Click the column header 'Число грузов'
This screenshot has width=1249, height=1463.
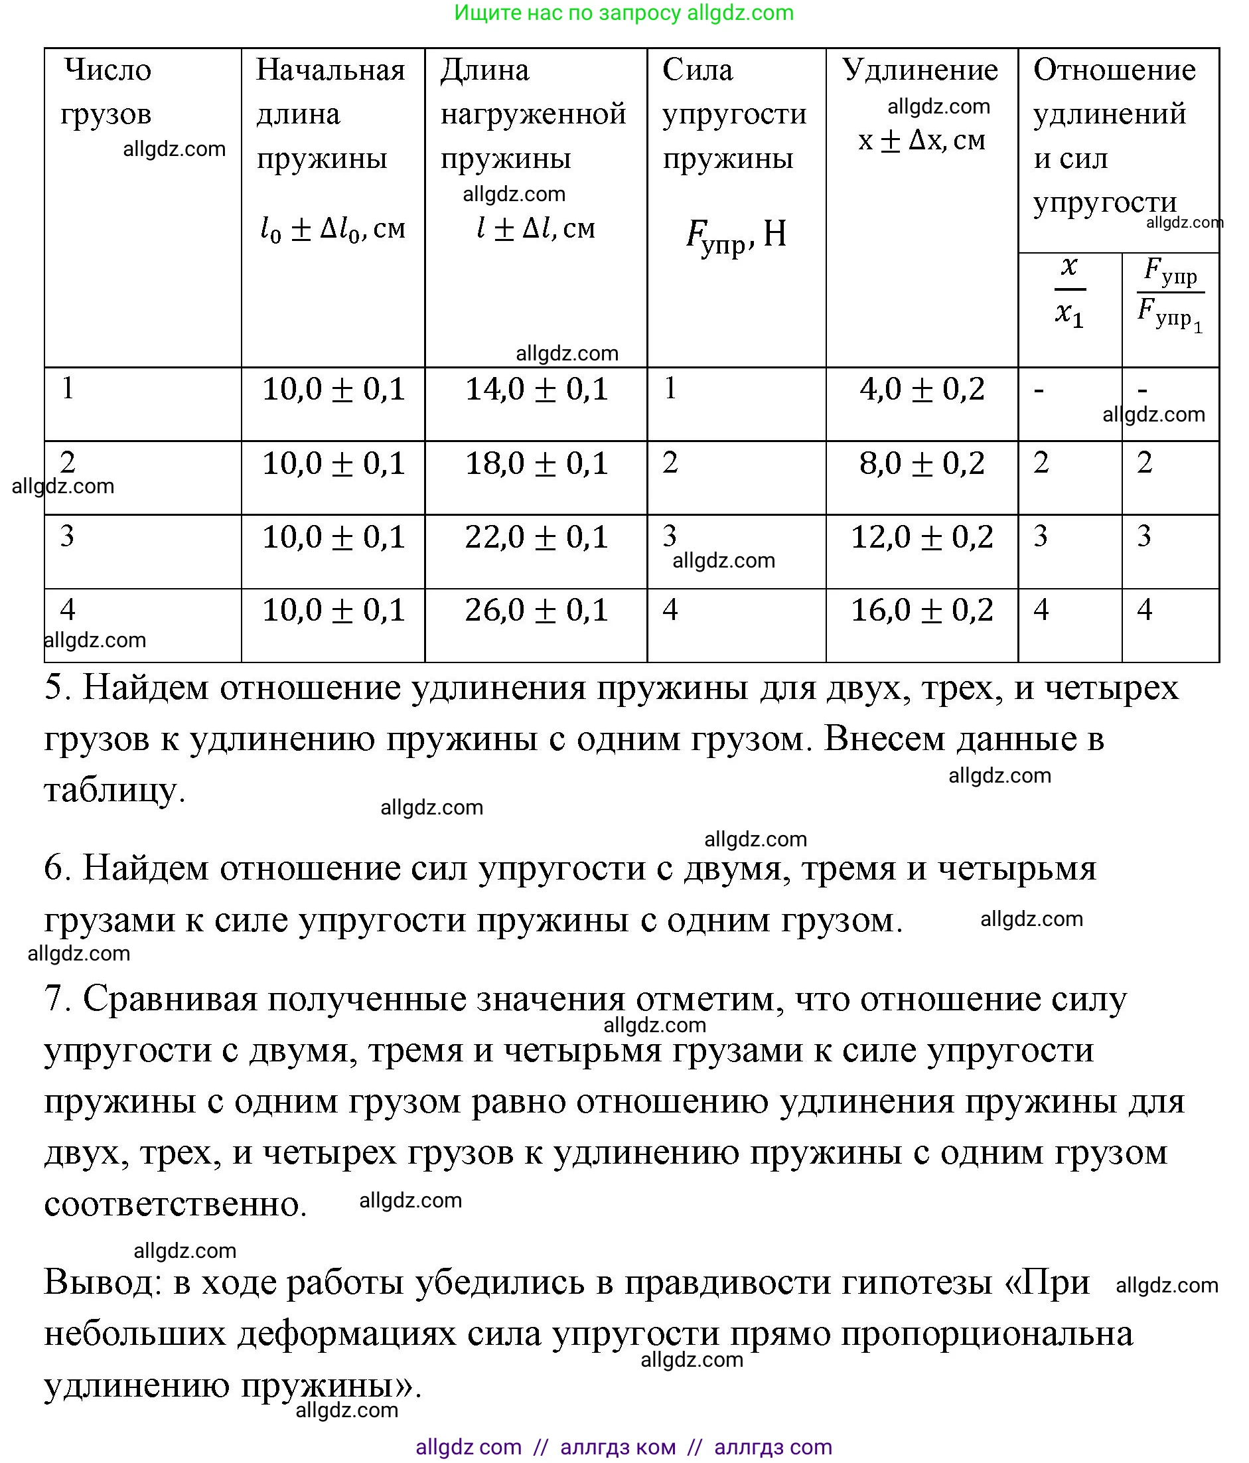pyautogui.click(x=107, y=91)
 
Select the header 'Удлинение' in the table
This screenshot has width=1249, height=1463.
pyautogui.click(x=920, y=70)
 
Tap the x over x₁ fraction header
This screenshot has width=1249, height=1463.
pyautogui.click(x=1069, y=291)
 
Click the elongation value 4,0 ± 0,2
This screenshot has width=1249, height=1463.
pyautogui.click(x=921, y=389)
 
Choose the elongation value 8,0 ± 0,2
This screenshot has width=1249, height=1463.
pyautogui.click(x=921, y=463)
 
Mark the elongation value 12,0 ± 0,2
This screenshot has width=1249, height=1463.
pyautogui.click(x=921, y=536)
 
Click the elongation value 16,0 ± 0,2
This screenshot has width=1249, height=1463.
pyautogui.click(x=921, y=610)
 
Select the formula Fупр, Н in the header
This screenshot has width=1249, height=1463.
pyautogui.click(x=736, y=235)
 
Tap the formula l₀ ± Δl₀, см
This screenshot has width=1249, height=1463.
pyautogui.click(x=332, y=229)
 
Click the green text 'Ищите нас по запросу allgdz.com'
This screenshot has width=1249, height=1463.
pyautogui.click(x=623, y=13)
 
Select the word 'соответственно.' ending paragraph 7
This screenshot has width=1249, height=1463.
pyautogui.click(x=175, y=1203)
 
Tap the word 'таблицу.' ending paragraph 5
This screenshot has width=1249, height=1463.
pyautogui.click(x=114, y=790)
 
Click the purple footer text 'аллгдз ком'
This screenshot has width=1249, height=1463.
pyautogui.click(x=617, y=1447)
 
